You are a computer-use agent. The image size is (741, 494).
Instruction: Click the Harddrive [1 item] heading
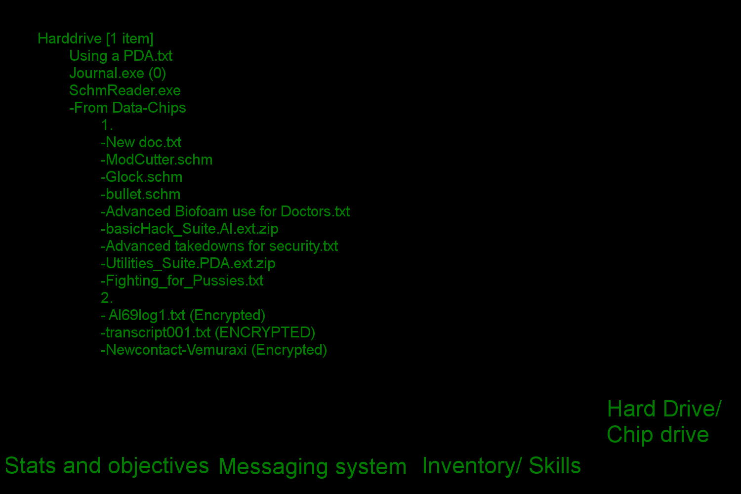click(x=95, y=39)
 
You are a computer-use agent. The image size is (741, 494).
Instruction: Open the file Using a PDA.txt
click(x=121, y=56)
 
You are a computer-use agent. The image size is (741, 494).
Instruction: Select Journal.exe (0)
click(x=118, y=73)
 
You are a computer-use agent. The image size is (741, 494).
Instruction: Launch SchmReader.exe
click(x=125, y=90)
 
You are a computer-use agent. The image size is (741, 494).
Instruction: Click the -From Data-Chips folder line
click(x=127, y=108)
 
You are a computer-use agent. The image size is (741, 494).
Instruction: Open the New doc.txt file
click(x=141, y=142)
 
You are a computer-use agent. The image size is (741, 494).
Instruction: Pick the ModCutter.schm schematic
click(x=157, y=160)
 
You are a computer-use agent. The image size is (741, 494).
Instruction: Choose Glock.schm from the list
click(x=142, y=177)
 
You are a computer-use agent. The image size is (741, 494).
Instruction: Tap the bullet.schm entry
click(x=141, y=194)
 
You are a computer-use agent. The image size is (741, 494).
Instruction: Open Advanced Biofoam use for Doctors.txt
click(x=225, y=211)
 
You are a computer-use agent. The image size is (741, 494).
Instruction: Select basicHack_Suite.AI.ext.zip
click(x=190, y=229)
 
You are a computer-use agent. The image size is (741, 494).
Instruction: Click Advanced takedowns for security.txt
click(x=219, y=246)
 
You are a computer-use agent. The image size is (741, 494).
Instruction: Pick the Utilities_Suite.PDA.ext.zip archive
click(x=188, y=263)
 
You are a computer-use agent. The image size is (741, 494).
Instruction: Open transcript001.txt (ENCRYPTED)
click(x=208, y=332)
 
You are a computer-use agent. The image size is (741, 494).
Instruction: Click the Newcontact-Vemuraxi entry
click(x=214, y=350)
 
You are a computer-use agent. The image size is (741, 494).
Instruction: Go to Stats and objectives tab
click(x=107, y=466)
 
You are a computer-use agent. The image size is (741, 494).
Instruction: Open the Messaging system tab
click(x=312, y=467)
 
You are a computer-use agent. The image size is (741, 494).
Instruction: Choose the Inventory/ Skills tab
click(x=501, y=466)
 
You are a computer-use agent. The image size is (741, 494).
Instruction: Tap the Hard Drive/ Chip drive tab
click(x=663, y=422)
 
